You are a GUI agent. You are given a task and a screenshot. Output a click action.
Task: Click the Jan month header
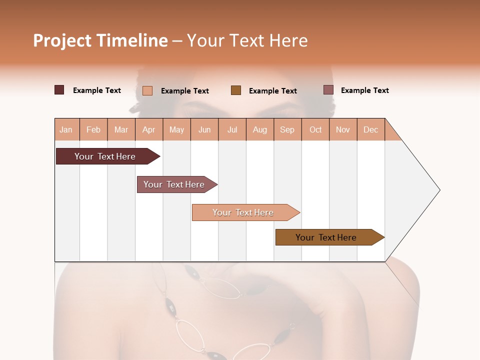pyautogui.click(x=66, y=129)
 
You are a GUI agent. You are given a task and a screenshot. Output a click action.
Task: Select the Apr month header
pyautogui.click(x=149, y=129)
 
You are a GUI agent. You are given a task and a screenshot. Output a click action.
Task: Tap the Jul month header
pyautogui.click(x=232, y=129)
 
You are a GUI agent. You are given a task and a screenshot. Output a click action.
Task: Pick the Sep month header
pyautogui.click(x=287, y=129)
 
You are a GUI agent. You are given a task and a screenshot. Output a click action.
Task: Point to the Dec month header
pyautogui.click(x=370, y=129)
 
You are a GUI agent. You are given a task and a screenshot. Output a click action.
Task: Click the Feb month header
pyautogui.click(x=93, y=129)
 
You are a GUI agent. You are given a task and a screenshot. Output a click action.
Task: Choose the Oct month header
pyautogui.click(x=315, y=129)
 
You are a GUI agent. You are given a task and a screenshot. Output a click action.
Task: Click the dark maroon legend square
pyautogui.click(x=59, y=90)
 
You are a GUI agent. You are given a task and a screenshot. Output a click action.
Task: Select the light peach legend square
pyautogui.click(x=147, y=90)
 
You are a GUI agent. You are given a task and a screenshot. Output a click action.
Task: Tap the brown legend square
pyautogui.click(x=236, y=90)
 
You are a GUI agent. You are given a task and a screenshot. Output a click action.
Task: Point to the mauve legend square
pyautogui.click(x=328, y=90)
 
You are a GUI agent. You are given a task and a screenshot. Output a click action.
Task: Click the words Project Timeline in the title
pyautogui.click(x=100, y=40)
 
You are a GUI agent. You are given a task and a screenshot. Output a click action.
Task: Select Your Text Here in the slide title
pyautogui.click(x=247, y=40)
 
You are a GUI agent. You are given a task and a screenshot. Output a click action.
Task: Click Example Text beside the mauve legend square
pyautogui.click(x=364, y=90)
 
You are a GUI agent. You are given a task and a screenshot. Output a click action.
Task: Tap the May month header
pyautogui.click(x=176, y=129)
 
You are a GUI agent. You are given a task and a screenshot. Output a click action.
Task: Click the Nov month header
pyautogui.click(x=343, y=129)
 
